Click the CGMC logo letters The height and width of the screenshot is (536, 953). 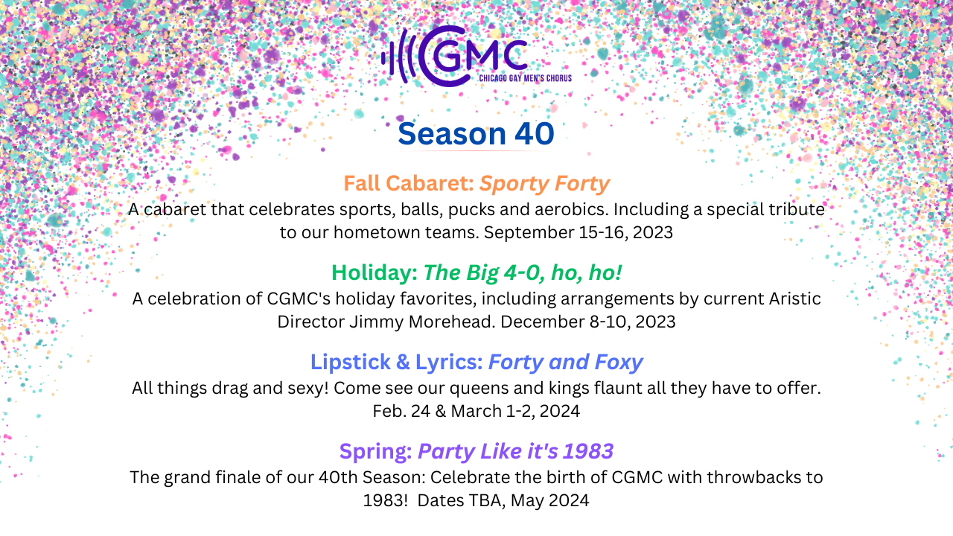473,56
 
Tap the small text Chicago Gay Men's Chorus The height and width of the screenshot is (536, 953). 526,78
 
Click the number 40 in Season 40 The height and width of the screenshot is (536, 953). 535,134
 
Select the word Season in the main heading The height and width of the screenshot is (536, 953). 452,134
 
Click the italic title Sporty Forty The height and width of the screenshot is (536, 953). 544,184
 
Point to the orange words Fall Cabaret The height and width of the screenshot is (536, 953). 409,183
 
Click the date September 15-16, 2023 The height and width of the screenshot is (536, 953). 579,233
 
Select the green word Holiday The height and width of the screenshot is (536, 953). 374,272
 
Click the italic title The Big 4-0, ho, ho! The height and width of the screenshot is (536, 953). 523,272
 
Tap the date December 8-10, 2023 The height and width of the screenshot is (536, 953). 588,322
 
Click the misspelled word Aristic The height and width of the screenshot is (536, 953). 794,299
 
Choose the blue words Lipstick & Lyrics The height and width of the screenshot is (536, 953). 397,363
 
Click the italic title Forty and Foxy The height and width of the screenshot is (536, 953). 565,363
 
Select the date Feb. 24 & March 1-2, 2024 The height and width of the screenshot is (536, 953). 476,412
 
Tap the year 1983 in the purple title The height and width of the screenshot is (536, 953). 588,451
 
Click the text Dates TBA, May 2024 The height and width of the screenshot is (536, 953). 503,501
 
